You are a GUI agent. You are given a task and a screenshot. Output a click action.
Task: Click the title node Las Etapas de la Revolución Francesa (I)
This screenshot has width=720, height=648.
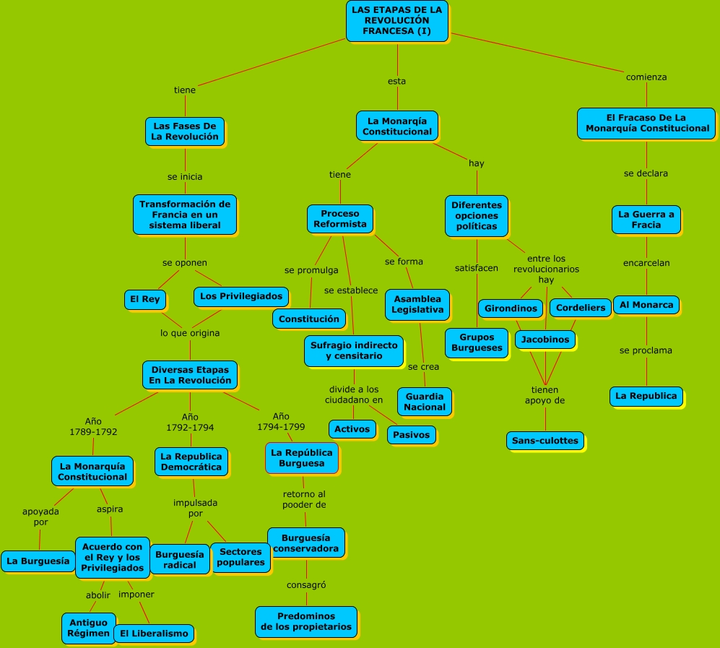397,20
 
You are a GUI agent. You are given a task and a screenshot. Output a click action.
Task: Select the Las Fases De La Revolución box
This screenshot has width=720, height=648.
185,131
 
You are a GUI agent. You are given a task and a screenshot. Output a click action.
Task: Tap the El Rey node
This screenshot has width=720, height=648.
145,299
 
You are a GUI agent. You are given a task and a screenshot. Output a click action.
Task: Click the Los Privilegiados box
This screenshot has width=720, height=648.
241,296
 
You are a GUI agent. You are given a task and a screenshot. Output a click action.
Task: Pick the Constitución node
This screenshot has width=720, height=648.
308,319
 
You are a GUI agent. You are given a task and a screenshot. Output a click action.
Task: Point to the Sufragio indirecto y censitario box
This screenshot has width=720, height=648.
354,350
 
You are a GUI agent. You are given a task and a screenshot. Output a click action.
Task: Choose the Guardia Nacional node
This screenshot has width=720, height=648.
425,401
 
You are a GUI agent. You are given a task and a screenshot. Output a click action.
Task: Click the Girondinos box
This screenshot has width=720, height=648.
511,308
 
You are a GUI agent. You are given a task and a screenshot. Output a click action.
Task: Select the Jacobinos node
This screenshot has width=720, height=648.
545,339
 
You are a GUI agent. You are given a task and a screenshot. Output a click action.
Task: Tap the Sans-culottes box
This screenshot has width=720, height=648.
545,440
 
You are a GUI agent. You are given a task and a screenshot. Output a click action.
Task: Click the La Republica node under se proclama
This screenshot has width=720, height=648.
646,396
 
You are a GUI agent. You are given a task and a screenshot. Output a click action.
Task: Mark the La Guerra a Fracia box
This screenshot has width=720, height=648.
646,220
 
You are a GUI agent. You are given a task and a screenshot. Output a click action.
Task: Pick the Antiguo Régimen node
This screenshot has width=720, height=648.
88,627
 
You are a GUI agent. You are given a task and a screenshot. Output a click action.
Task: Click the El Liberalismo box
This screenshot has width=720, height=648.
154,634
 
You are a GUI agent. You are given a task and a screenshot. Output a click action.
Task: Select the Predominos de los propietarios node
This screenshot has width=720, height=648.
306,621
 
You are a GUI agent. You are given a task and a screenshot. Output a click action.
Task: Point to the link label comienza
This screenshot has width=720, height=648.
646,77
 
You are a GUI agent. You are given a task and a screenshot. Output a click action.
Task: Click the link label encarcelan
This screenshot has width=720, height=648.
646,263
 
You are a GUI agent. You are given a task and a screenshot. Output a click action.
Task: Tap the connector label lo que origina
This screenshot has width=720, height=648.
190,333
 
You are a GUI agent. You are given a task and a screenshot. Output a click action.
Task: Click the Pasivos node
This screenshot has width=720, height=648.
412,434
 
